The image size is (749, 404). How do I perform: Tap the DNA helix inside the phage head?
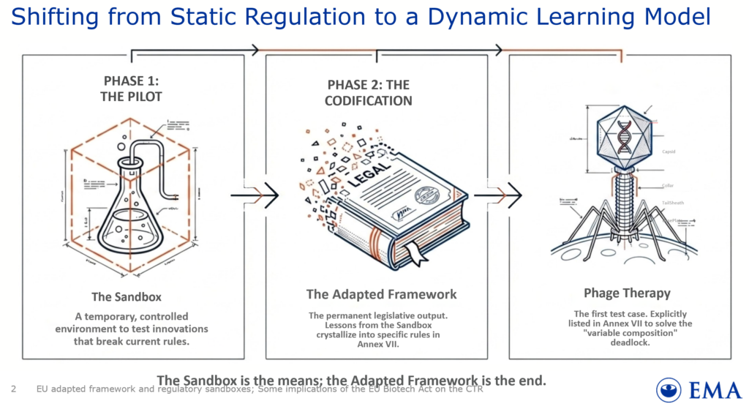coord(623,135)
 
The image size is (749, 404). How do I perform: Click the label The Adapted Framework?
coord(380,294)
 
